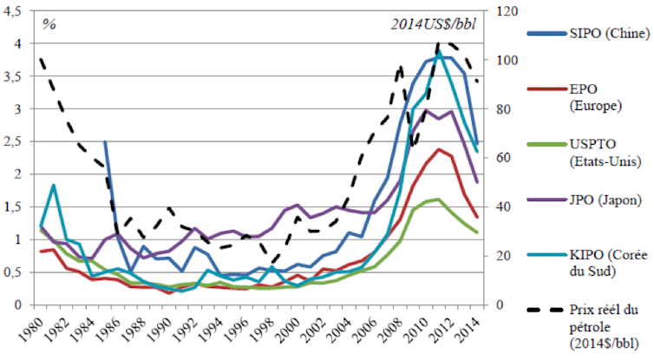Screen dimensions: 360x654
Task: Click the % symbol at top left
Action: (49, 22)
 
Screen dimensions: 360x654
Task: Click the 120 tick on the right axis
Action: (507, 11)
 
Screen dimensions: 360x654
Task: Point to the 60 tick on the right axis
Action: (504, 158)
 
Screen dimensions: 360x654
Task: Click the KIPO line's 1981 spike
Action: (55, 185)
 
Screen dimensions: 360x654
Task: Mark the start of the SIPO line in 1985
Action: (105, 142)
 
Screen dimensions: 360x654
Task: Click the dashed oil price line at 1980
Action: (42, 59)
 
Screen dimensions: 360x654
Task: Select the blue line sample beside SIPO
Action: (544, 34)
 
